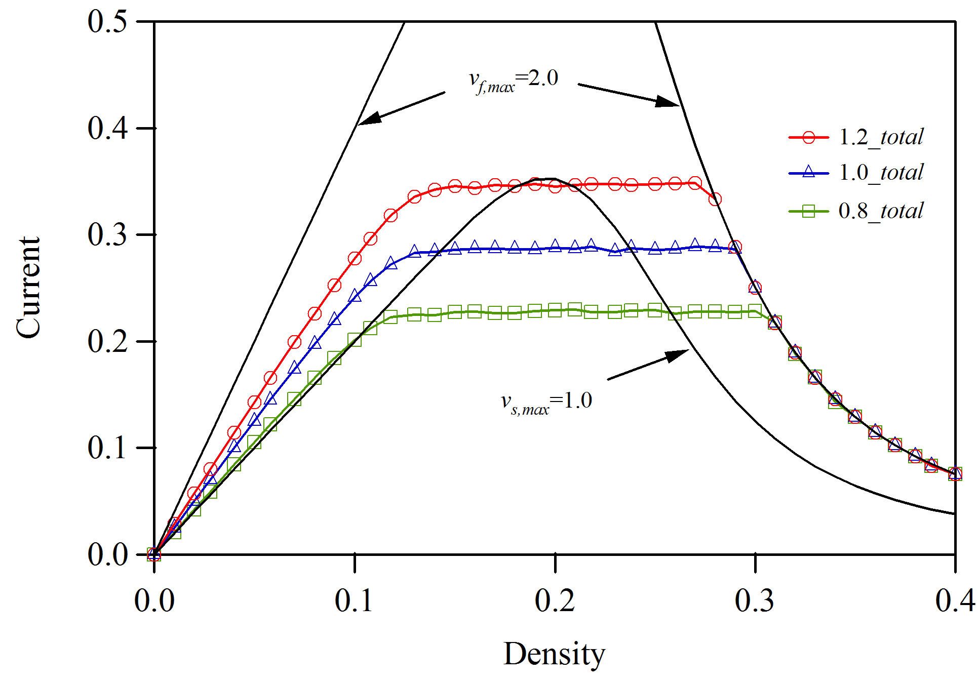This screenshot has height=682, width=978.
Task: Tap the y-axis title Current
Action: click(x=28, y=287)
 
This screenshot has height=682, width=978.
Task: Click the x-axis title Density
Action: click(x=554, y=654)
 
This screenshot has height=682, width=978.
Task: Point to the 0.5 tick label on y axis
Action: click(x=107, y=22)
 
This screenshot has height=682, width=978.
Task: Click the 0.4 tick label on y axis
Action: click(x=107, y=128)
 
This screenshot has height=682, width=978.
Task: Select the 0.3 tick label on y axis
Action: click(x=107, y=234)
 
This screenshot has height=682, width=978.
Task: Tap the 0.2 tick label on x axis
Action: click(x=555, y=601)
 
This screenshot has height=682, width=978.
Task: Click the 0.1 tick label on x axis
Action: click(x=355, y=601)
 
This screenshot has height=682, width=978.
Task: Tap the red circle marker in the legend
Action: click(x=809, y=137)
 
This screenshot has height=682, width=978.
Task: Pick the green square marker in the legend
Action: click(x=809, y=211)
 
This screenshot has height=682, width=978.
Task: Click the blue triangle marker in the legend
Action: click(x=809, y=172)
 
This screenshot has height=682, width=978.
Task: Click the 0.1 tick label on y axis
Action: click(x=107, y=448)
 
